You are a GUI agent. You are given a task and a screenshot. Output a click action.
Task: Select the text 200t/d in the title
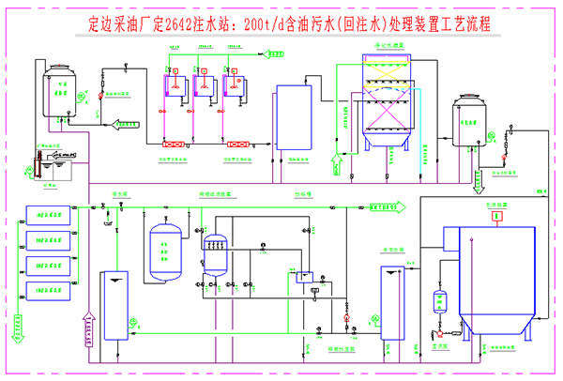[x=265, y=21]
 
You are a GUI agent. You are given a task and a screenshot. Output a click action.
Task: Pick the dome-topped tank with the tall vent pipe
[x=62, y=88]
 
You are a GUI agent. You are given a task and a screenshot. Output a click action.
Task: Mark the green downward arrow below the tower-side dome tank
[x=477, y=176]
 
